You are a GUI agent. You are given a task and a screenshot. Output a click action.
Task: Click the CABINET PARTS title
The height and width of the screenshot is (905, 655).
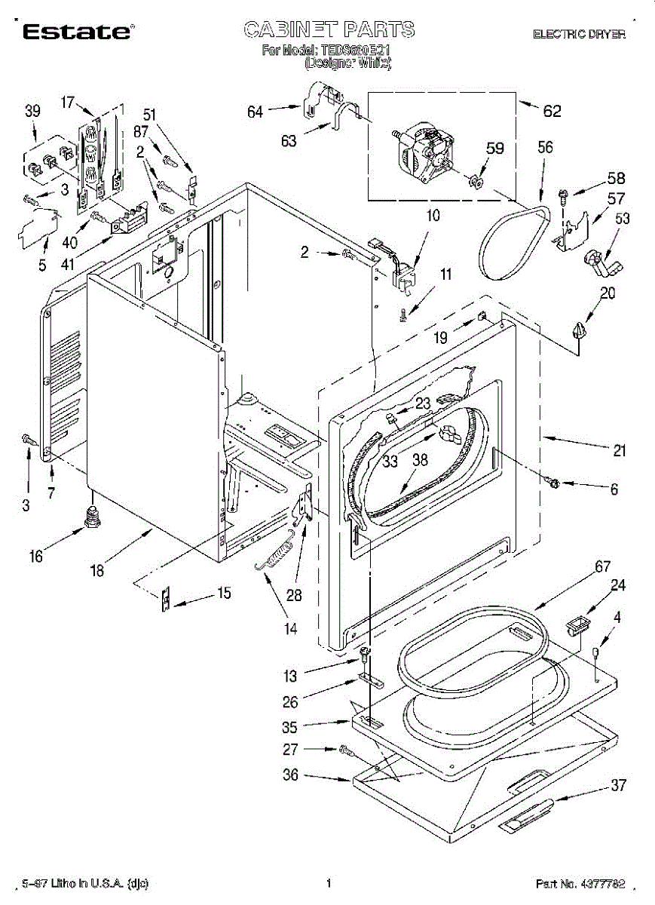click(329, 30)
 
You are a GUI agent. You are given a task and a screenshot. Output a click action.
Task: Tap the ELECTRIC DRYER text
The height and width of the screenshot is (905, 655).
click(579, 34)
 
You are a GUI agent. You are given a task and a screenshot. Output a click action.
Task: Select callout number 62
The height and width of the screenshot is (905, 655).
click(552, 111)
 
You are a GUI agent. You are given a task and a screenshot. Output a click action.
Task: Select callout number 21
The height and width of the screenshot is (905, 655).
click(619, 451)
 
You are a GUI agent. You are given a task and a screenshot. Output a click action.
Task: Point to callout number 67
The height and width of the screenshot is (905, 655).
click(581, 567)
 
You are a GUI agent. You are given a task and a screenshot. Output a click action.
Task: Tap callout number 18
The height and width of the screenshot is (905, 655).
click(97, 571)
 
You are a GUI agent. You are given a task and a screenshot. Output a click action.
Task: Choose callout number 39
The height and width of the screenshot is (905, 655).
click(32, 112)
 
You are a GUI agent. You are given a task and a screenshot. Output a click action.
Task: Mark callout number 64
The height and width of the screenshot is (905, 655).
click(255, 112)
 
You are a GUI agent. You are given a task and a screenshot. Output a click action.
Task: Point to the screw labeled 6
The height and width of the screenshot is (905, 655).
click(552, 483)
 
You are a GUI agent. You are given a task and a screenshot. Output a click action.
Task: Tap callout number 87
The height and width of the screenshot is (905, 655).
click(140, 131)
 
